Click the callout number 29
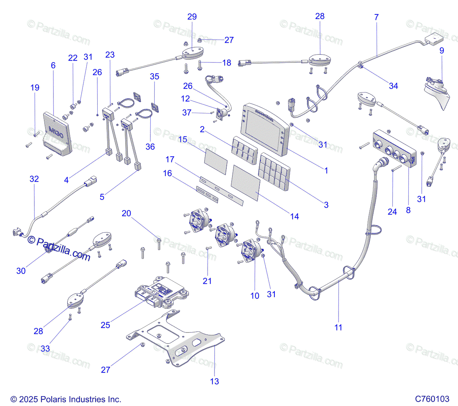click(192, 17)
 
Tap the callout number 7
click(377, 17)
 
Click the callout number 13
click(214, 381)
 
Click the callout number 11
click(338, 327)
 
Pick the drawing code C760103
click(432, 399)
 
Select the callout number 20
click(126, 213)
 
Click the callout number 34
click(393, 86)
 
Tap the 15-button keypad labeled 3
click(274, 171)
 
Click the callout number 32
click(34, 179)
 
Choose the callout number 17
click(170, 160)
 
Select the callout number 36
click(150, 147)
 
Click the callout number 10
click(255, 296)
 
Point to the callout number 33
click(45, 348)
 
